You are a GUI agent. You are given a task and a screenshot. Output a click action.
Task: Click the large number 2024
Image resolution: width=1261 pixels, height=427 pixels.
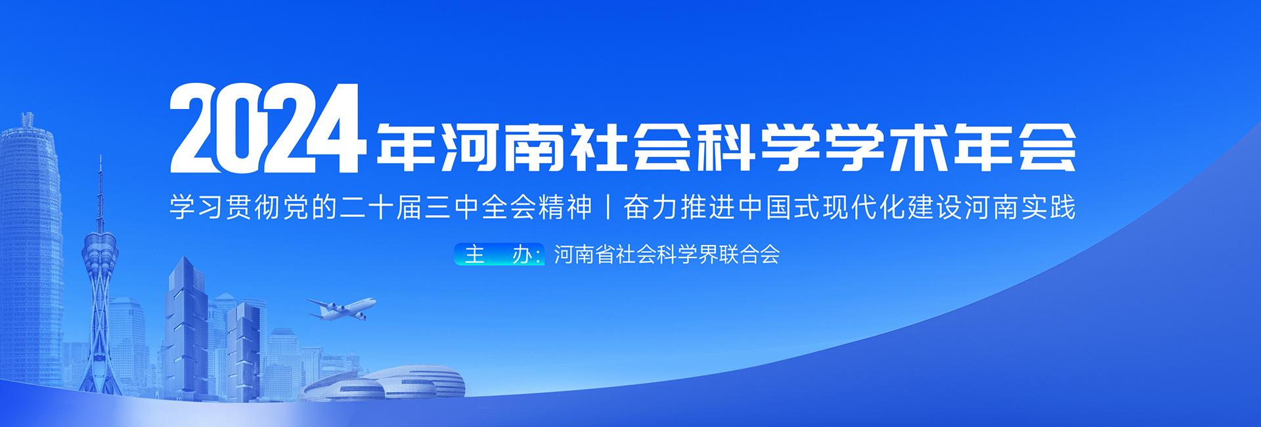coord(267,128)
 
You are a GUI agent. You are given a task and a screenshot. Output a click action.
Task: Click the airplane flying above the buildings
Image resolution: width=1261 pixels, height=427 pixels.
coord(342,308)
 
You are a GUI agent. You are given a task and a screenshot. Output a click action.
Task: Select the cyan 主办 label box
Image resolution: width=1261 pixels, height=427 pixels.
coord(499,254)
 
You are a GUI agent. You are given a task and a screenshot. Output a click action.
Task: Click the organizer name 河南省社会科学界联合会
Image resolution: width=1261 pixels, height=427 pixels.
coord(667,254)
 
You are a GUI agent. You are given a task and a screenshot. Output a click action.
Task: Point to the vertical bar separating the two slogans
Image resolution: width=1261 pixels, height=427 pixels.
coord(608,207)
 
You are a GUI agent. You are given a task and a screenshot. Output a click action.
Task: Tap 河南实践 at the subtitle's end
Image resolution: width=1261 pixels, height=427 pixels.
coord(1020,207)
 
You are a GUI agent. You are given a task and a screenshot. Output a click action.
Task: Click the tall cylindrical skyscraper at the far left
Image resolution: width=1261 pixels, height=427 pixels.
coord(30,250)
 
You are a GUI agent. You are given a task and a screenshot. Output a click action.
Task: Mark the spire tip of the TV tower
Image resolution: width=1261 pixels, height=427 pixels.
coord(100,156)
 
